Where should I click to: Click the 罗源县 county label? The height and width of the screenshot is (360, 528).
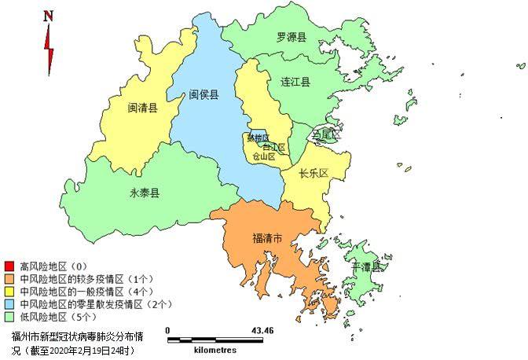click(x=291, y=37)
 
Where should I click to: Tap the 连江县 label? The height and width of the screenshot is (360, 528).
click(x=295, y=82)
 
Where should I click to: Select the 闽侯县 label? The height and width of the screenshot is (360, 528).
click(x=203, y=95)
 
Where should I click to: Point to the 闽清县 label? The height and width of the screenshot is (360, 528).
click(x=142, y=108)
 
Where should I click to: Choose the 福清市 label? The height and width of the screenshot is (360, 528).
click(x=267, y=237)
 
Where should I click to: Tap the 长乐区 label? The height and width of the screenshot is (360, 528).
click(x=313, y=174)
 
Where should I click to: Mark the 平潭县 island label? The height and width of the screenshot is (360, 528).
click(x=366, y=266)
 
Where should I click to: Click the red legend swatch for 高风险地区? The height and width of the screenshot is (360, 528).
click(x=9, y=266)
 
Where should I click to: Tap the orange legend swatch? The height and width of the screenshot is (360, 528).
click(x=9, y=278)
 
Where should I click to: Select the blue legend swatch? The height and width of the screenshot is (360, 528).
click(x=9, y=303)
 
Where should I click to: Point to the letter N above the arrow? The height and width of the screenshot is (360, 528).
click(x=48, y=16)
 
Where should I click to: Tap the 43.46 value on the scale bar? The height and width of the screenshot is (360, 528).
click(x=262, y=330)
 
